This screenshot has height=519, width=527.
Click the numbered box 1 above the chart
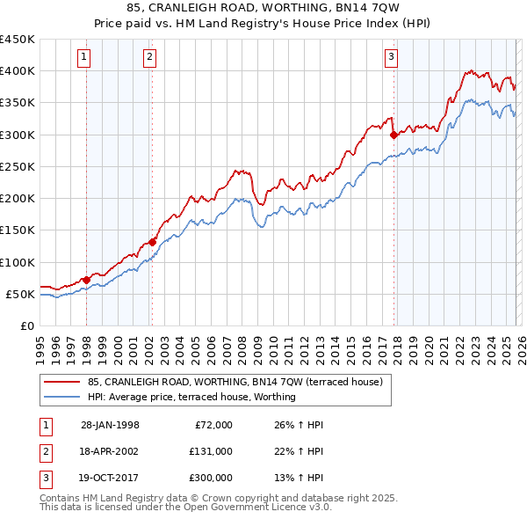85,58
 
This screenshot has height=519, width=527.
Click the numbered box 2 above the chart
150,58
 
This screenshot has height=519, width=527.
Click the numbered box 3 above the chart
391,58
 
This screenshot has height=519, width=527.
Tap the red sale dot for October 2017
393,135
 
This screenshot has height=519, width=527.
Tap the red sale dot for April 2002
152,242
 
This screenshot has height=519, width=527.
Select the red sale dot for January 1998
87,280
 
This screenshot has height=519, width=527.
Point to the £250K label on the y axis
18,166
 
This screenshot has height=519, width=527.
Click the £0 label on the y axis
26,325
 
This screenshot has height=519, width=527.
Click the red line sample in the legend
62,383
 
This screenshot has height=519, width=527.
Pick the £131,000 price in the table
211,451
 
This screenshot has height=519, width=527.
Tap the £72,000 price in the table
213,425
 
